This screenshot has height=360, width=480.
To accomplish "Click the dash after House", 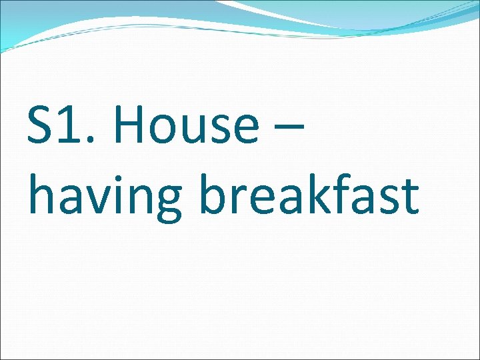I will pyautogui.click(x=289, y=127).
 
